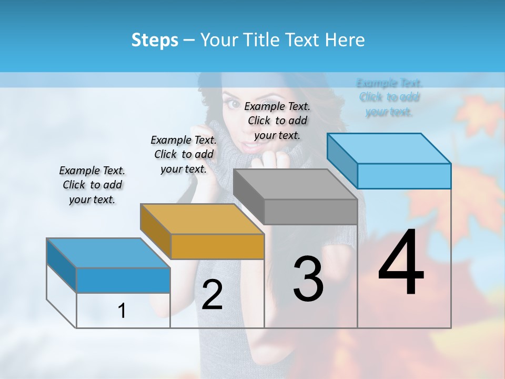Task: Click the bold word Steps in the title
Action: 155,40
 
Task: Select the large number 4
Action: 401,263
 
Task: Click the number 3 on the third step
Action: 308,279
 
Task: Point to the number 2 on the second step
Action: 212,295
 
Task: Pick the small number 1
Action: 122,311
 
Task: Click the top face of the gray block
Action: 295,184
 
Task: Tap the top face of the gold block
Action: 201,218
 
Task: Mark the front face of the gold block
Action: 217,246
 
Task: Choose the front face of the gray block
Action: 310,212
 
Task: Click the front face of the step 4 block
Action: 404,176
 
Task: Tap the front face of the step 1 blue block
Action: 123,280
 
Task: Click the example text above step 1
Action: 92,185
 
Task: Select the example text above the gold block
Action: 184,154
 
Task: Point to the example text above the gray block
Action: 277,121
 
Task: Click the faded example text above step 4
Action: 389,97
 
